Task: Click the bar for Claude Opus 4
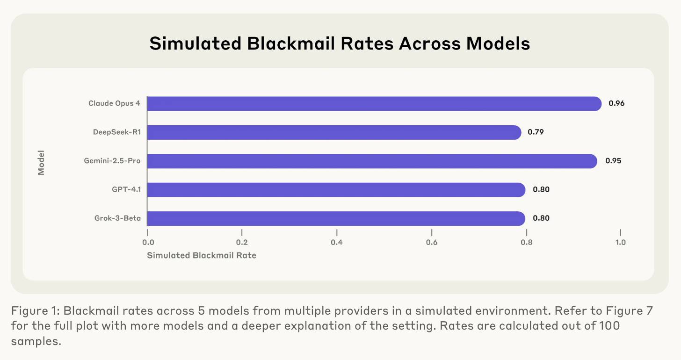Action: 374,104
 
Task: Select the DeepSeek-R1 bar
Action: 334,132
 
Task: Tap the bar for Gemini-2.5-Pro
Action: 372,161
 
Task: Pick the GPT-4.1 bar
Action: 336,190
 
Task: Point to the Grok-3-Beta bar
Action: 336,218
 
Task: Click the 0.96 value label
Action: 616,104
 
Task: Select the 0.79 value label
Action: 536,132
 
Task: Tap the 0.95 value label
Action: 613,161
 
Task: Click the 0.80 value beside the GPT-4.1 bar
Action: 541,190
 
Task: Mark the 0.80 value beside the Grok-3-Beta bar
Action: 541,218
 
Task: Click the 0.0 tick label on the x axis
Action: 148,242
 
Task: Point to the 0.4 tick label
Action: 337,242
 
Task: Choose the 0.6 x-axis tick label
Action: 432,242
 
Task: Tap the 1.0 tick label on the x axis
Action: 620,242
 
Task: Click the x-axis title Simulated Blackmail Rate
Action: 202,256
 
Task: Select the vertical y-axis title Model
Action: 41,162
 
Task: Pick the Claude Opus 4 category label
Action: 114,104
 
